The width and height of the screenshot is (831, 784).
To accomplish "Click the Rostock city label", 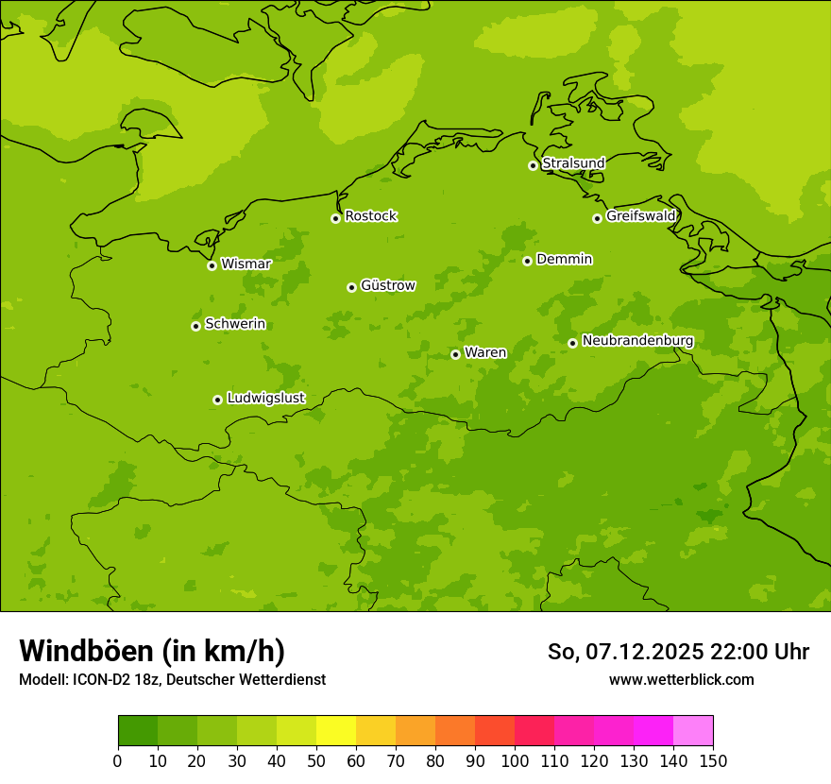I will point(370,216).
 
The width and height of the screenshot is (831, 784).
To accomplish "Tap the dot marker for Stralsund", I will point(533,165).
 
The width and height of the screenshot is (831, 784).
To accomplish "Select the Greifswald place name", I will point(641,216).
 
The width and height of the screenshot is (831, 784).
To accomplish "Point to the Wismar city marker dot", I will point(212,265).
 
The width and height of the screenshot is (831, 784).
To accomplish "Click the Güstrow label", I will point(387,285).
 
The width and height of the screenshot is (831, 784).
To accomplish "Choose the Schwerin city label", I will point(235,324).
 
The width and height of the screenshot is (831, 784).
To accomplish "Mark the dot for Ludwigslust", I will point(217,400).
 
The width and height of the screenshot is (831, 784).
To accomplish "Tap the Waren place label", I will point(485,353).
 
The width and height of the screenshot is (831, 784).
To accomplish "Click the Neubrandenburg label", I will point(637,341).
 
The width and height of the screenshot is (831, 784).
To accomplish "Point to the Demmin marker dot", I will point(527,261).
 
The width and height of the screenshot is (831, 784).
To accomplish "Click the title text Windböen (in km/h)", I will point(152,651).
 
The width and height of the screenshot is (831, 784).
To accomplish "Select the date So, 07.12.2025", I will point(626,652).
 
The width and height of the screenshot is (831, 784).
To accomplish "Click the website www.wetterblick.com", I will point(681,679).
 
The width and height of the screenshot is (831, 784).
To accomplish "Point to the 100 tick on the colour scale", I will point(515,760).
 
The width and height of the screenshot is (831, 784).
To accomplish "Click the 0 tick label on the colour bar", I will point(118,760).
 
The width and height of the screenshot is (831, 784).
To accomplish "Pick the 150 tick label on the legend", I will point(713,760).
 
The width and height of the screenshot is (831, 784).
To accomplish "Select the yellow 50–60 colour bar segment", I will point(336,731).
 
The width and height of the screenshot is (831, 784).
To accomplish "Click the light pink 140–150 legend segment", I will point(693,731).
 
